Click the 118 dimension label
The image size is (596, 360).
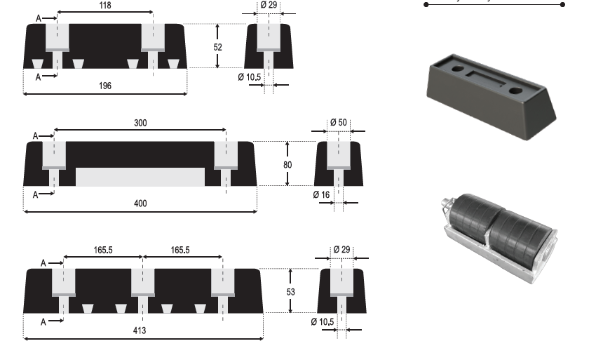pyautogui.click(x=105, y=6)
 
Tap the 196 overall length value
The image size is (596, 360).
pyautogui.click(x=105, y=86)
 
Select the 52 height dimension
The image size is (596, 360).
pyautogui.click(x=217, y=47)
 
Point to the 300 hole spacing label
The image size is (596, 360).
pyautogui.click(x=140, y=123)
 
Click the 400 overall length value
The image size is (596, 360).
pyautogui.click(x=140, y=204)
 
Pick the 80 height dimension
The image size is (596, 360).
pyautogui.click(x=287, y=165)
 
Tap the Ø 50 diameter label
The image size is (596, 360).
pyautogui.click(x=338, y=123)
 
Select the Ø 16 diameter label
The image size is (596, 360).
pyautogui.click(x=321, y=195)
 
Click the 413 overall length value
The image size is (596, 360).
pyautogui.click(x=140, y=331)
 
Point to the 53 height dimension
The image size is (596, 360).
pyautogui.click(x=290, y=292)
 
